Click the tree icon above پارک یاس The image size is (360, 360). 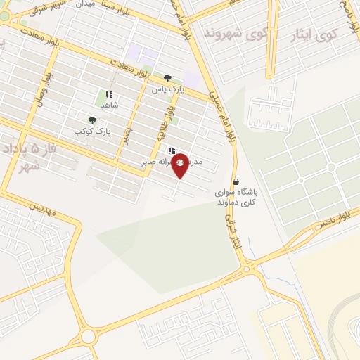[x=167, y=79]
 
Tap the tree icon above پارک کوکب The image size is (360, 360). [x=92, y=120]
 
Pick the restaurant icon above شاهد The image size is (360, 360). [x=109, y=94]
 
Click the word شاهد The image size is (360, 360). [x=109, y=105]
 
